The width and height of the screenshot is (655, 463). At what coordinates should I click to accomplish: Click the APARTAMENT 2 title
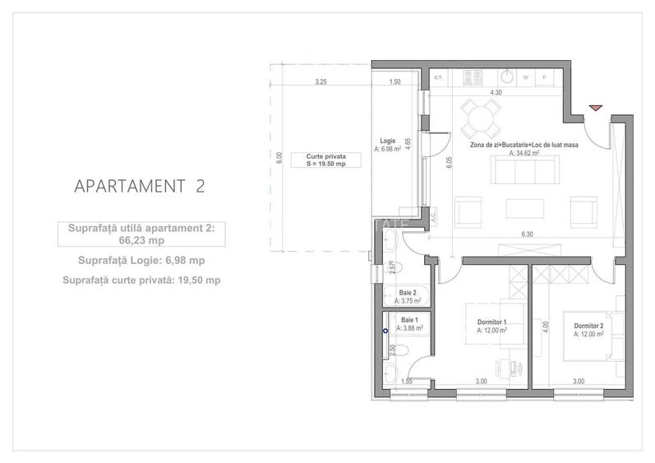139,185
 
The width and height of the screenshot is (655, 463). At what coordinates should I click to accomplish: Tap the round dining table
478,119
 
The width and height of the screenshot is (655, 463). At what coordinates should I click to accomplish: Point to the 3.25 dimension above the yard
321,82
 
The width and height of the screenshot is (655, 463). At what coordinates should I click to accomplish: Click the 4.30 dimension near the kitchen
496,93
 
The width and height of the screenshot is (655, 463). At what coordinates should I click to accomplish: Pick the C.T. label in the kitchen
439,78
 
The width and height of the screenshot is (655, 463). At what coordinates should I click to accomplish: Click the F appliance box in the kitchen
545,78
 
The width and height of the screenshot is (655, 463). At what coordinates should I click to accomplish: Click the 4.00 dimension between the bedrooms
544,325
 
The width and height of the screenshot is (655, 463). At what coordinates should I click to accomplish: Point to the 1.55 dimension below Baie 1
407,382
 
